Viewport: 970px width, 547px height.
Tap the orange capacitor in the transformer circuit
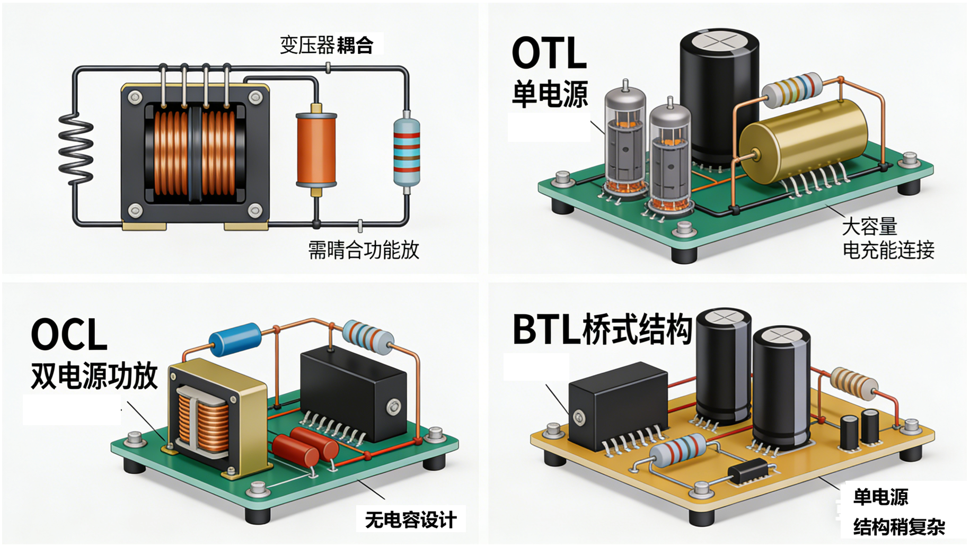(x=316, y=149)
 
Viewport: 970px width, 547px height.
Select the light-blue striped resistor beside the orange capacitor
(x=407, y=151)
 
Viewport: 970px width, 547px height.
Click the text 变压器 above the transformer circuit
(x=307, y=45)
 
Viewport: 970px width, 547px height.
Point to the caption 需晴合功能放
(x=364, y=250)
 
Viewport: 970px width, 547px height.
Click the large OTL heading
(x=549, y=53)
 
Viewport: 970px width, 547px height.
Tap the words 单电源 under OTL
(x=550, y=94)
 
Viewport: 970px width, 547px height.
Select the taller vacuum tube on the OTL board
(x=625, y=140)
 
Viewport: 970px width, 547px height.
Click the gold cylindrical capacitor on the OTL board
(x=803, y=140)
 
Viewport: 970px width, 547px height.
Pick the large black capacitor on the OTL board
(x=719, y=95)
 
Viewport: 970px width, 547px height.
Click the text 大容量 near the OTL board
(x=869, y=227)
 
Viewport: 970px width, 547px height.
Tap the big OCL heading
(x=69, y=335)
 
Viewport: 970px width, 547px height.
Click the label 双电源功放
(x=94, y=376)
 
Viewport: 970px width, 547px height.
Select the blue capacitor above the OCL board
(x=235, y=339)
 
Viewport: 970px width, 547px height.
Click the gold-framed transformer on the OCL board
(x=217, y=418)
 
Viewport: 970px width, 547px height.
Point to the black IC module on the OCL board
(x=352, y=394)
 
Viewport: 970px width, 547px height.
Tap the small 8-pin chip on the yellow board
(x=748, y=470)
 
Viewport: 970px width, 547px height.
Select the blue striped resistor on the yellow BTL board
(x=678, y=451)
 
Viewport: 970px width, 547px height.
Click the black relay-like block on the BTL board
(x=618, y=405)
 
